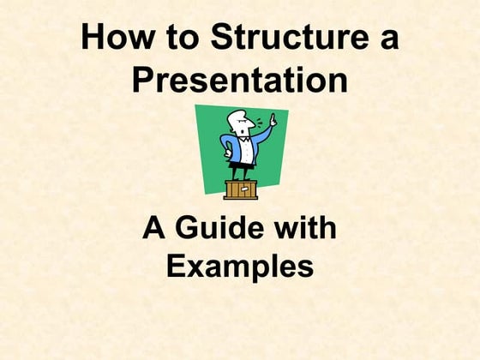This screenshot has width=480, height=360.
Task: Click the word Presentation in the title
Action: point(239,81)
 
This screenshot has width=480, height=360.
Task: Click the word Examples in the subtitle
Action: point(239,267)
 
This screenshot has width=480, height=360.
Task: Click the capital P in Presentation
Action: point(142,81)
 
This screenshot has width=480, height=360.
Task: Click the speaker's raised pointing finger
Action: point(273,117)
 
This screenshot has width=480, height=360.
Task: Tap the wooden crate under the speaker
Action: point(241,189)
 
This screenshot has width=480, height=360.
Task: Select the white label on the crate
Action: point(242,189)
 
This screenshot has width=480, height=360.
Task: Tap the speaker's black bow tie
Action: point(243,137)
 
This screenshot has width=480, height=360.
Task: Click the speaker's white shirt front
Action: point(244,147)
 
